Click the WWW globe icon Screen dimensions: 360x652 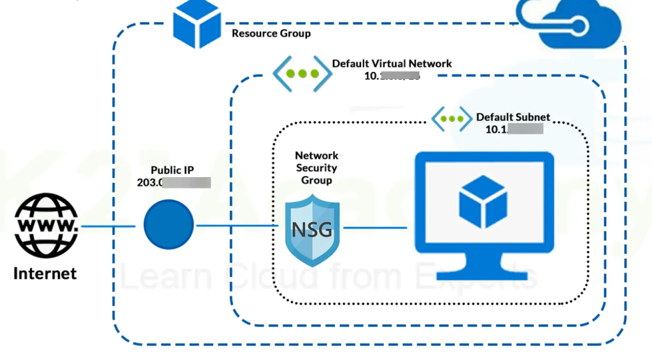(46, 226)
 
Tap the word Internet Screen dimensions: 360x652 (45, 274)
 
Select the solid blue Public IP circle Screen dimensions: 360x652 (168, 226)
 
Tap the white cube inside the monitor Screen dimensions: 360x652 (483, 203)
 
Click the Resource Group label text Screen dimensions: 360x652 (271, 33)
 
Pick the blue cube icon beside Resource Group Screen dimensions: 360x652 (197, 24)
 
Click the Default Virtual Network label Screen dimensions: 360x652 (392, 64)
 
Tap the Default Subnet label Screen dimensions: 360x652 (513, 117)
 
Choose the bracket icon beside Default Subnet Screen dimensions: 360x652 (452, 119)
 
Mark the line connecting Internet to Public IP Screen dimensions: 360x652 (108, 226)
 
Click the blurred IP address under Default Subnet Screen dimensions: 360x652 (514, 129)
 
